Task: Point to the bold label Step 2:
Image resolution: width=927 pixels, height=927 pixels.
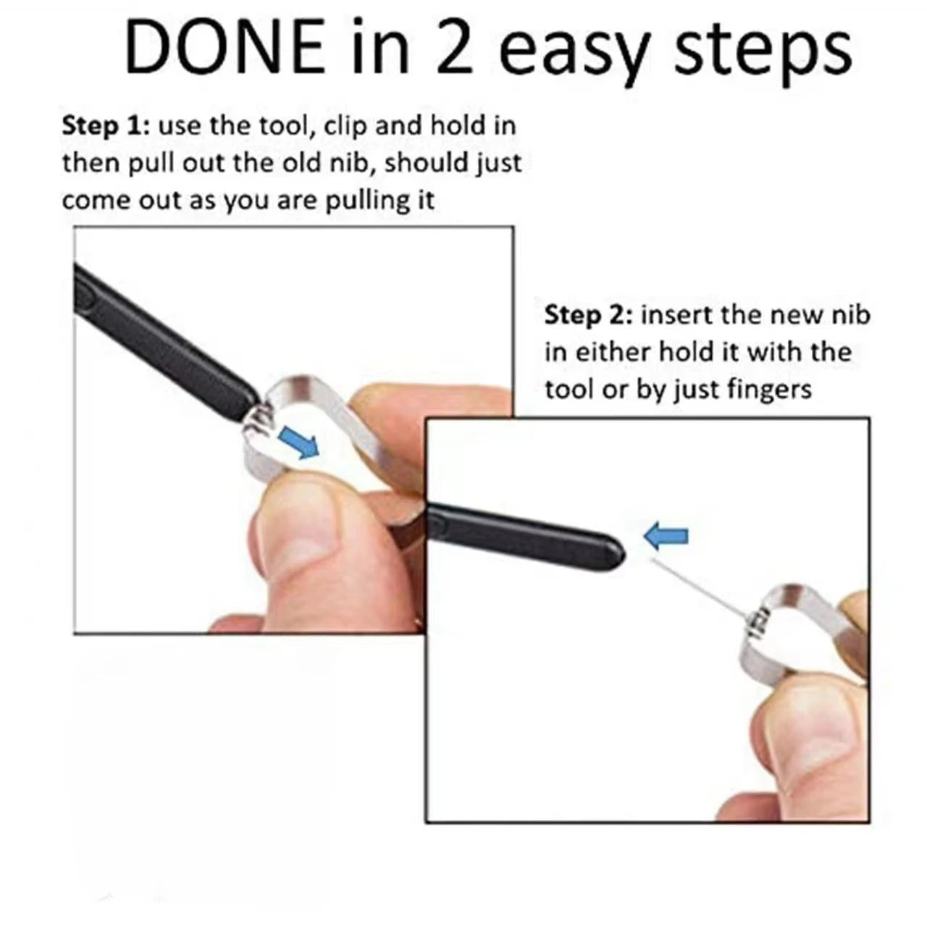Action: click(x=587, y=316)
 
